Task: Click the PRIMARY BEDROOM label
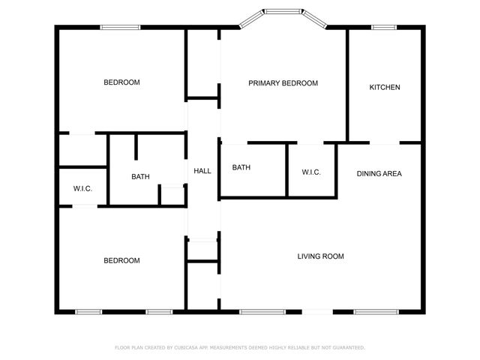pos(283,83)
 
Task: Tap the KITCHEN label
pos(385,88)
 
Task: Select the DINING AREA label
pos(379,174)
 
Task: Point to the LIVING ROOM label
pos(320,256)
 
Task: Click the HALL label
pos(202,171)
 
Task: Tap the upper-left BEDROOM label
pos(121,82)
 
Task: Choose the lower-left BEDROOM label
pos(121,261)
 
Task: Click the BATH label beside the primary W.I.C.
pos(241,167)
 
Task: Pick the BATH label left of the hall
pos(140,177)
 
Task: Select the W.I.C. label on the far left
pos(82,188)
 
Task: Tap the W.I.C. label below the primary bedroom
pos(311,172)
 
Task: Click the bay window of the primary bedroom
pos(283,12)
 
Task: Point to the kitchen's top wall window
pos(384,28)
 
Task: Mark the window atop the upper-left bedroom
pos(121,28)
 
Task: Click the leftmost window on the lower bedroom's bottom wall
pos(88,311)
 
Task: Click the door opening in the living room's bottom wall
pos(318,311)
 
